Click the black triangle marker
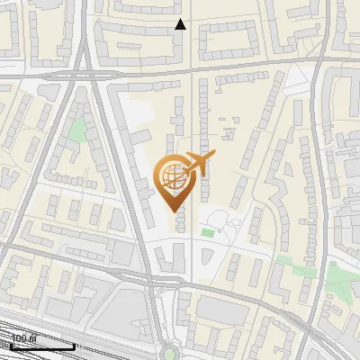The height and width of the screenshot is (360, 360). pyautogui.click(x=181, y=24)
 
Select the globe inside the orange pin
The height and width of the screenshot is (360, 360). pyautogui.click(x=172, y=175)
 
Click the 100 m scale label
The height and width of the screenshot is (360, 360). pyautogui.click(x=22, y=338)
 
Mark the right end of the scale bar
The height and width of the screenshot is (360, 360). pyautogui.click(x=74, y=346)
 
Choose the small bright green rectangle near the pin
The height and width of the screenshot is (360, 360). pyautogui.click(x=208, y=234)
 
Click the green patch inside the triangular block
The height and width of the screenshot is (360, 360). pyautogui.click(x=79, y=131)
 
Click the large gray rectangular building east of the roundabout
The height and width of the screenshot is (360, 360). pyautogui.click(x=220, y=310)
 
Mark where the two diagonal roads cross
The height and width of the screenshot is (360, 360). pyautogui.click(x=87, y=67)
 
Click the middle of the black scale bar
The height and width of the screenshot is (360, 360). pyautogui.click(x=41, y=346)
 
